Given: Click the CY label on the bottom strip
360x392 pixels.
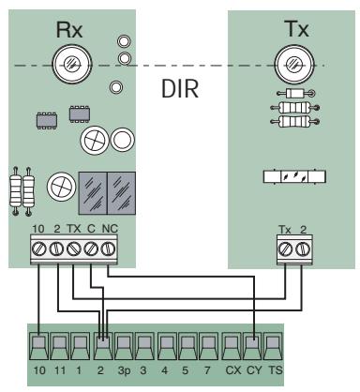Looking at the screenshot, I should [x=257, y=381].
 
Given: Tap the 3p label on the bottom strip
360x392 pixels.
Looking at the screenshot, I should [x=125, y=381].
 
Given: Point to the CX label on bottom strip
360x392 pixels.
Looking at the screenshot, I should [x=234, y=381].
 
